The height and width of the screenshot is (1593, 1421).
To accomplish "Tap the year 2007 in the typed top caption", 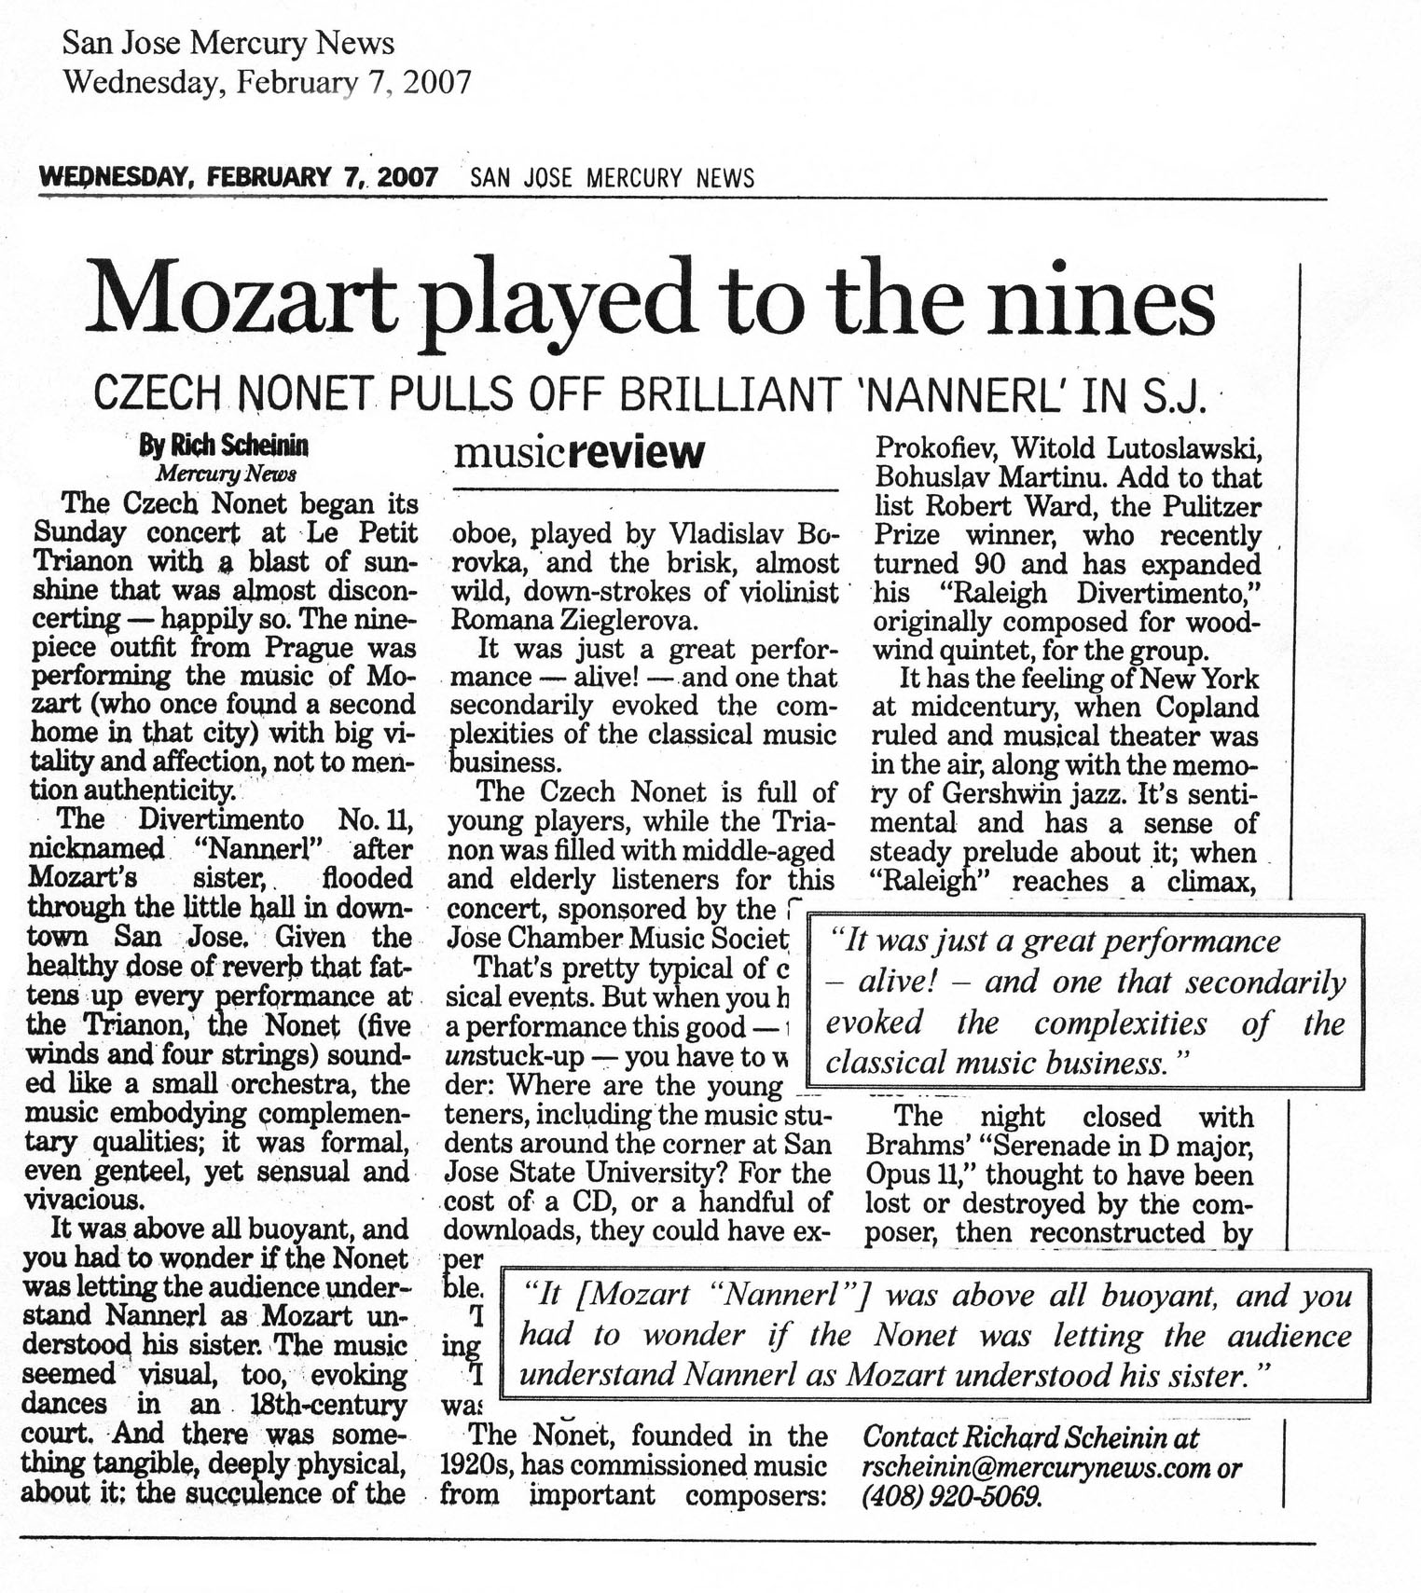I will (437, 82).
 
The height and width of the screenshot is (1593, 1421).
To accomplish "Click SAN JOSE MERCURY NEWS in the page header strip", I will (613, 177).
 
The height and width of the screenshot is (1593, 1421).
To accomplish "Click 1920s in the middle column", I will (476, 1465).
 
